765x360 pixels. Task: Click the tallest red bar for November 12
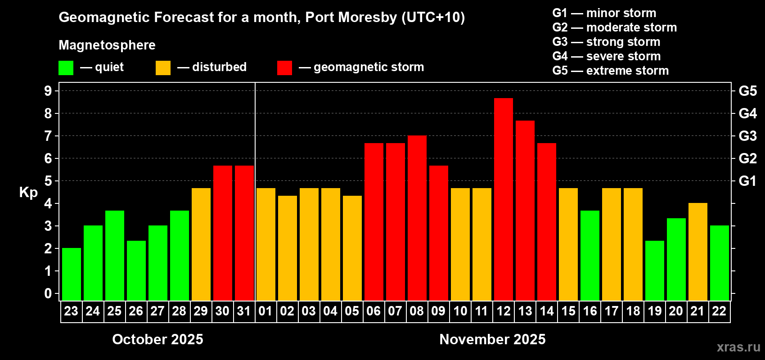coord(503,199)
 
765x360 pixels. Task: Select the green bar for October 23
coord(71,274)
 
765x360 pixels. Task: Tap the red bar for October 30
coord(222,233)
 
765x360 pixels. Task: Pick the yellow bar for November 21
coord(697,252)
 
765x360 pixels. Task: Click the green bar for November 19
coord(654,270)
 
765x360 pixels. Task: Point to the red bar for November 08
coord(417,218)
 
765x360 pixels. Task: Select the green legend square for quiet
coord(66,68)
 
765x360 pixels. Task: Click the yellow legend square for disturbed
coord(163,68)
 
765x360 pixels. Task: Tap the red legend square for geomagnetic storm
coord(284,68)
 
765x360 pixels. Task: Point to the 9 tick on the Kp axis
coord(48,91)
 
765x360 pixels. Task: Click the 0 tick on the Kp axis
coord(48,294)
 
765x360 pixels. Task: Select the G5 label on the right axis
coord(747,91)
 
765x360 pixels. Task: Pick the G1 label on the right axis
coord(747,181)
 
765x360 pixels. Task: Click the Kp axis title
coord(28,193)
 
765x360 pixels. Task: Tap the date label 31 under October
coord(244,311)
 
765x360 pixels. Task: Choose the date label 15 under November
coord(568,311)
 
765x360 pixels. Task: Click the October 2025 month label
coord(157,339)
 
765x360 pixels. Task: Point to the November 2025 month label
coord(492,339)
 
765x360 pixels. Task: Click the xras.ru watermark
coord(738,347)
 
